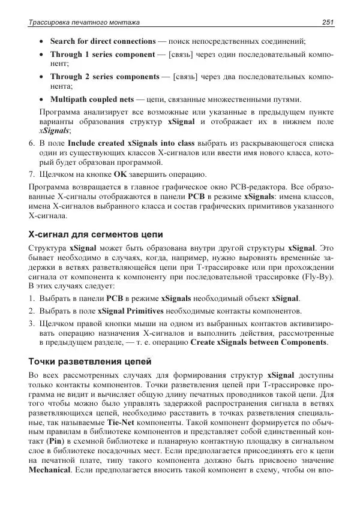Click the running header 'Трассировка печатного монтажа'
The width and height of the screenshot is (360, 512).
(x=85, y=23)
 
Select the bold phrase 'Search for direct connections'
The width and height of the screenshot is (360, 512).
(x=103, y=41)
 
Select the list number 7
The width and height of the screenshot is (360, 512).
(x=32, y=175)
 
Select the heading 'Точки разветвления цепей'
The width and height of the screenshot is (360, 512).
(x=89, y=362)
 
